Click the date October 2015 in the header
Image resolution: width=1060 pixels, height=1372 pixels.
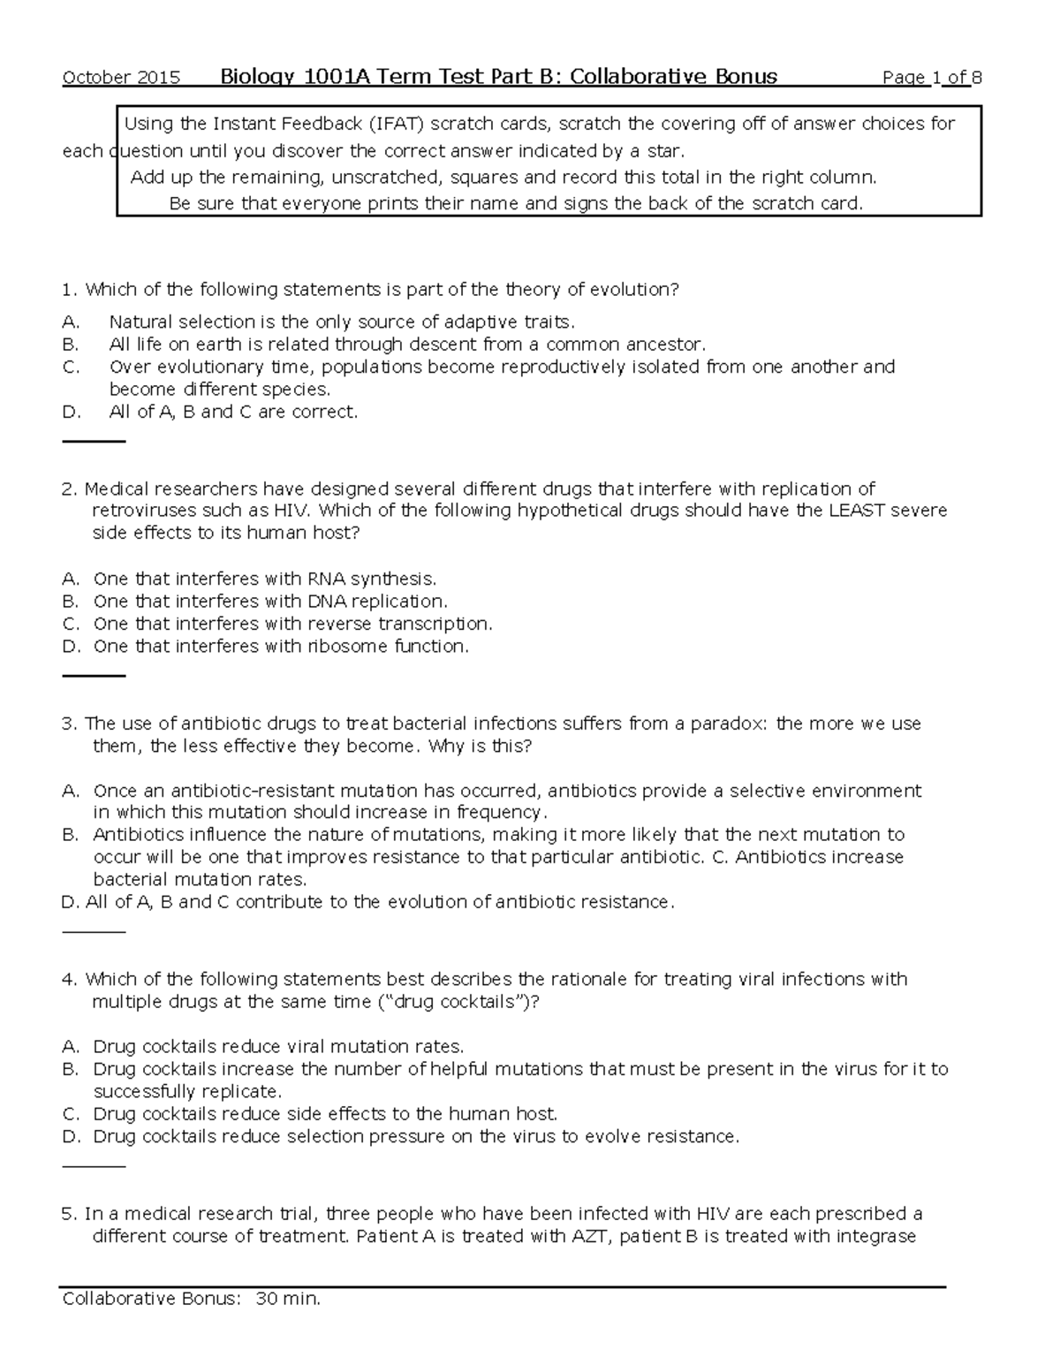point(121,78)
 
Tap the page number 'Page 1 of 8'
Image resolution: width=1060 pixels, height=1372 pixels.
point(932,78)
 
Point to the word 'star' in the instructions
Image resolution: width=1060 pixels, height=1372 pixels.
point(663,150)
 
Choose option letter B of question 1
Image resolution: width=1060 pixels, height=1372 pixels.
point(71,345)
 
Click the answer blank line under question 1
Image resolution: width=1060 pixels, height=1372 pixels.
point(94,441)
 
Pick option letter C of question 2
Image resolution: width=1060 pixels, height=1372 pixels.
point(71,624)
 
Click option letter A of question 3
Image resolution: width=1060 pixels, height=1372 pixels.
point(71,791)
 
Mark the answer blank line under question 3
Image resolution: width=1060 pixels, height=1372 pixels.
point(94,931)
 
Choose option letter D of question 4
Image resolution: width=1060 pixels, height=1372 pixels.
point(71,1137)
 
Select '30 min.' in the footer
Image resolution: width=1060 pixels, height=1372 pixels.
point(288,1299)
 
